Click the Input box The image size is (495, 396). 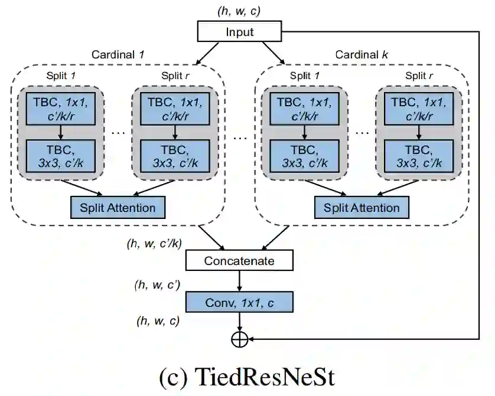pyautogui.click(x=239, y=32)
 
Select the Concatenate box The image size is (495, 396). pyautogui.click(x=239, y=260)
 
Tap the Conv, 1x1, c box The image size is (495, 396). pyautogui.click(x=239, y=303)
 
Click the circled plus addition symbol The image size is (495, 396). pyautogui.click(x=239, y=339)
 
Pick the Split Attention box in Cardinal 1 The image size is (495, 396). pyautogui.click(x=117, y=208)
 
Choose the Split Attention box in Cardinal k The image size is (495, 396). pyautogui.click(x=361, y=208)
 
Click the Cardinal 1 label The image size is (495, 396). pyautogui.click(x=118, y=55)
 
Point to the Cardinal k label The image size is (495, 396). pyautogui.click(x=362, y=55)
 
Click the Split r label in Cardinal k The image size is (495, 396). pyautogui.click(x=419, y=76)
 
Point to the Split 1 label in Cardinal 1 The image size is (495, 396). pyautogui.click(x=61, y=76)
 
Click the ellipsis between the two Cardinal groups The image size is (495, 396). pyautogui.click(x=239, y=138)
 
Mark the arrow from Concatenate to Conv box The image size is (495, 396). pyautogui.click(x=239, y=282)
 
